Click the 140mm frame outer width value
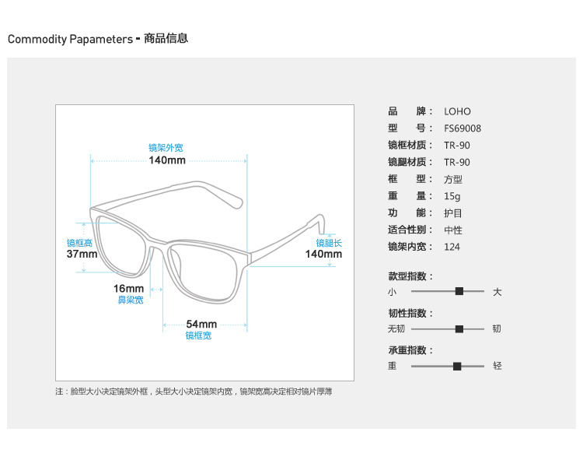167,160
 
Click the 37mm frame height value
82,255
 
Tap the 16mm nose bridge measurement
128,289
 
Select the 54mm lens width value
201,324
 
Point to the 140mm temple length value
323,255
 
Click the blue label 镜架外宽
166,148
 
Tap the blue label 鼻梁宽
131,300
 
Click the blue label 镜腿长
329,243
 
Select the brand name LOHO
457,111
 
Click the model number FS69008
463,128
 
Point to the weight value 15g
452,196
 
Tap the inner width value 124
452,247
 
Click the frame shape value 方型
453,180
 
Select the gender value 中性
453,230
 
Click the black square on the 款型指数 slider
459,291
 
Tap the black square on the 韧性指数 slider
459,328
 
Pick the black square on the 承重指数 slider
457,367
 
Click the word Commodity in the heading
37,39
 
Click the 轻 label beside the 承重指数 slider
497,366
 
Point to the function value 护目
453,213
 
